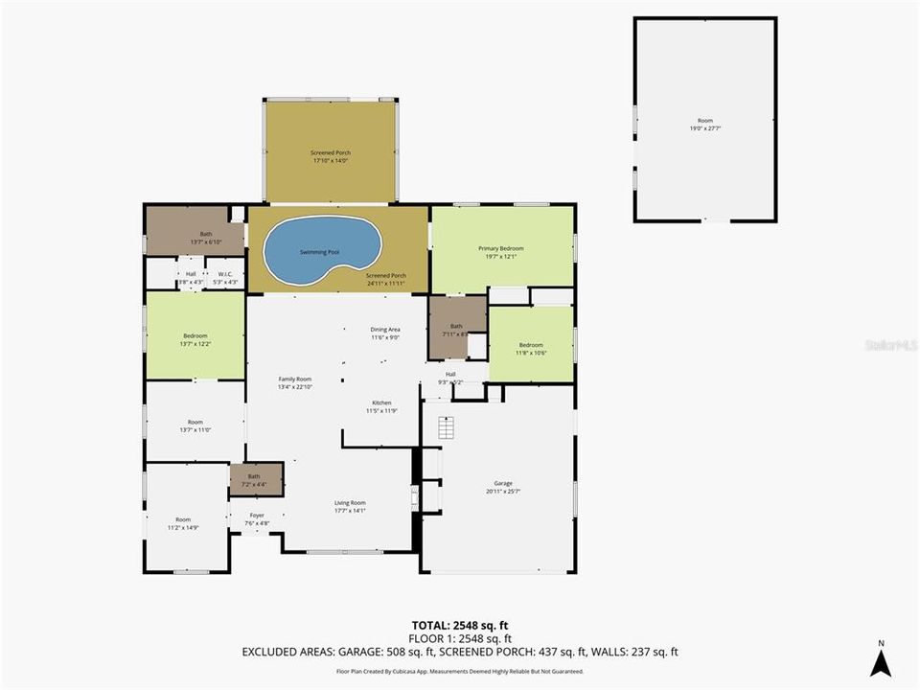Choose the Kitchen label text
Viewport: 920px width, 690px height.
click(x=381, y=406)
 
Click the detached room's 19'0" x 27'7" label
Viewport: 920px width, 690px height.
click(x=704, y=125)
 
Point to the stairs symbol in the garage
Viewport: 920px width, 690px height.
click(x=445, y=428)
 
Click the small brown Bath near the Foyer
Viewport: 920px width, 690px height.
click(x=254, y=479)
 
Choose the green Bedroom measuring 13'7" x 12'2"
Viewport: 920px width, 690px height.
click(x=195, y=339)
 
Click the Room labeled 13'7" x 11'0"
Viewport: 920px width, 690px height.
click(x=195, y=425)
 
